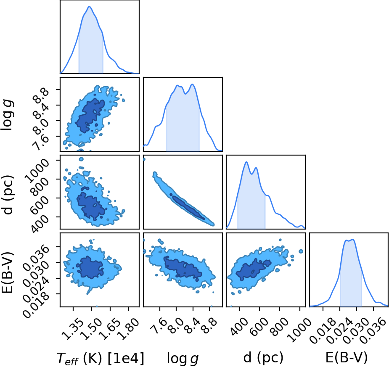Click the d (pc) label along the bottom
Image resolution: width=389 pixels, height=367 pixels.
(x=263, y=358)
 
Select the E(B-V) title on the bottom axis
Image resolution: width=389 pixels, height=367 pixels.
(x=347, y=358)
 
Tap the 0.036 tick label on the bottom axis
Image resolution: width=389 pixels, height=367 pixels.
(x=374, y=330)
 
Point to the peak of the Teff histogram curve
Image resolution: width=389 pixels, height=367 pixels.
(x=89, y=7)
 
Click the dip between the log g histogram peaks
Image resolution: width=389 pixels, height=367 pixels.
(x=185, y=94)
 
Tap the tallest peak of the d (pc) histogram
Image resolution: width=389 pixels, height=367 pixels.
(x=246, y=162)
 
